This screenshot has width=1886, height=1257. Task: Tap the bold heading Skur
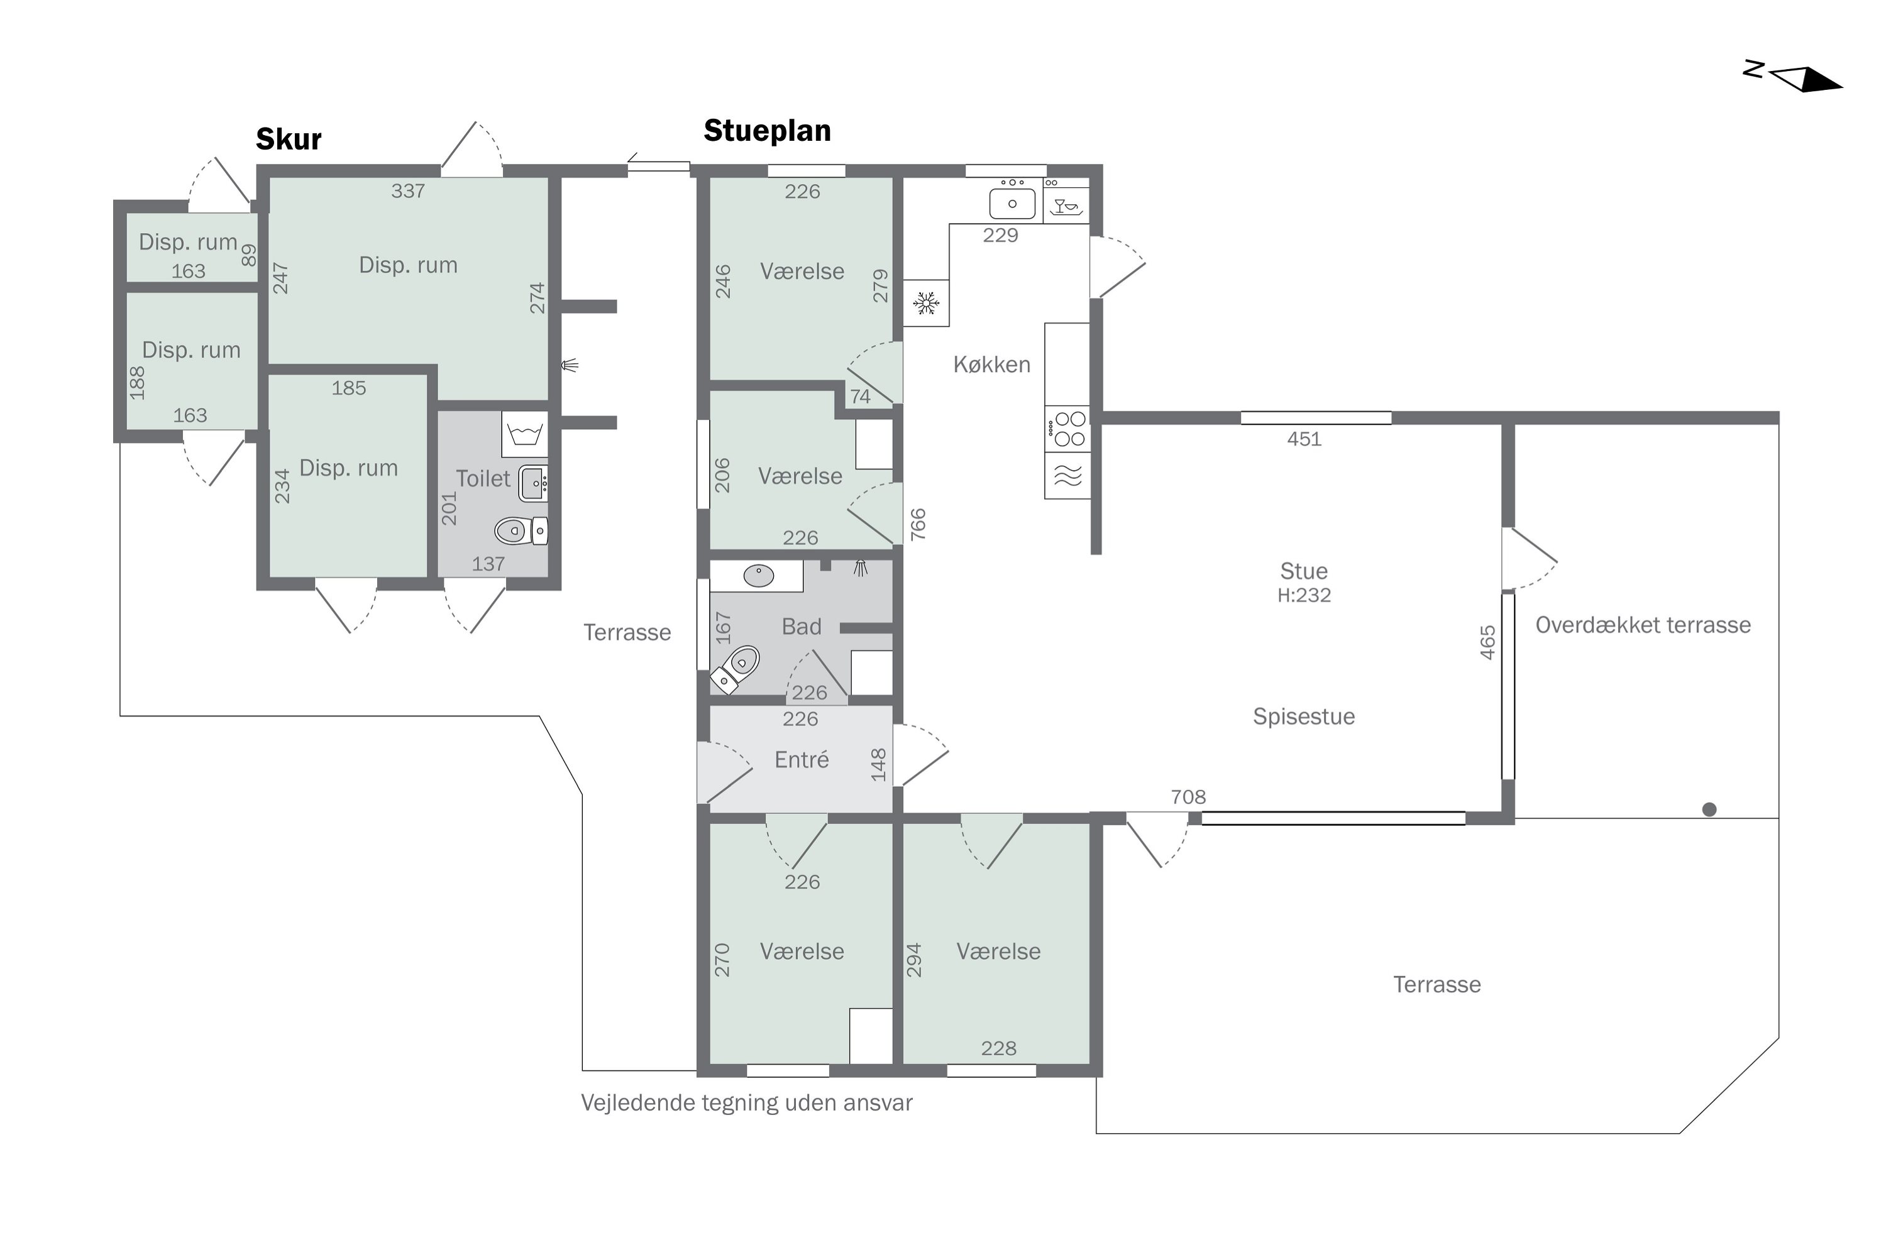point(288,140)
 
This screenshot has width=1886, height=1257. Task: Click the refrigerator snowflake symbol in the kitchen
point(926,303)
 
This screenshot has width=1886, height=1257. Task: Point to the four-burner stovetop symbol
point(1067,429)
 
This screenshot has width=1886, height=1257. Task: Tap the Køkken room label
point(991,365)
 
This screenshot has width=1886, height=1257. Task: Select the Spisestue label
point(1304,716)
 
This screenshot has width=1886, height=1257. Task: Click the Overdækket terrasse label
point(1643,625)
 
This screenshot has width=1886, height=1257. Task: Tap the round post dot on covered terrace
point(1709,810)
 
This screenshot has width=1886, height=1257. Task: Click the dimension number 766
point(918,524)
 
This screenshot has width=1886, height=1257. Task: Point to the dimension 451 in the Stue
point(1304,439)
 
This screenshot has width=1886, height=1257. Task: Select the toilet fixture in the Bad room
point(736,669)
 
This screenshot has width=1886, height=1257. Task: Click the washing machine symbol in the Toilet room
point(525,434)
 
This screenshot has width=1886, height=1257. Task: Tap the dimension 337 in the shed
point(407,191)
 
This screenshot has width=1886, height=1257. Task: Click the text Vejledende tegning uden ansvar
point(747,1103)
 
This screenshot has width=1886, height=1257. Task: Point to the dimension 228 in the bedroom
point(998,1048)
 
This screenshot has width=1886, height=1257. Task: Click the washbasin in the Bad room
point(758,575)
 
